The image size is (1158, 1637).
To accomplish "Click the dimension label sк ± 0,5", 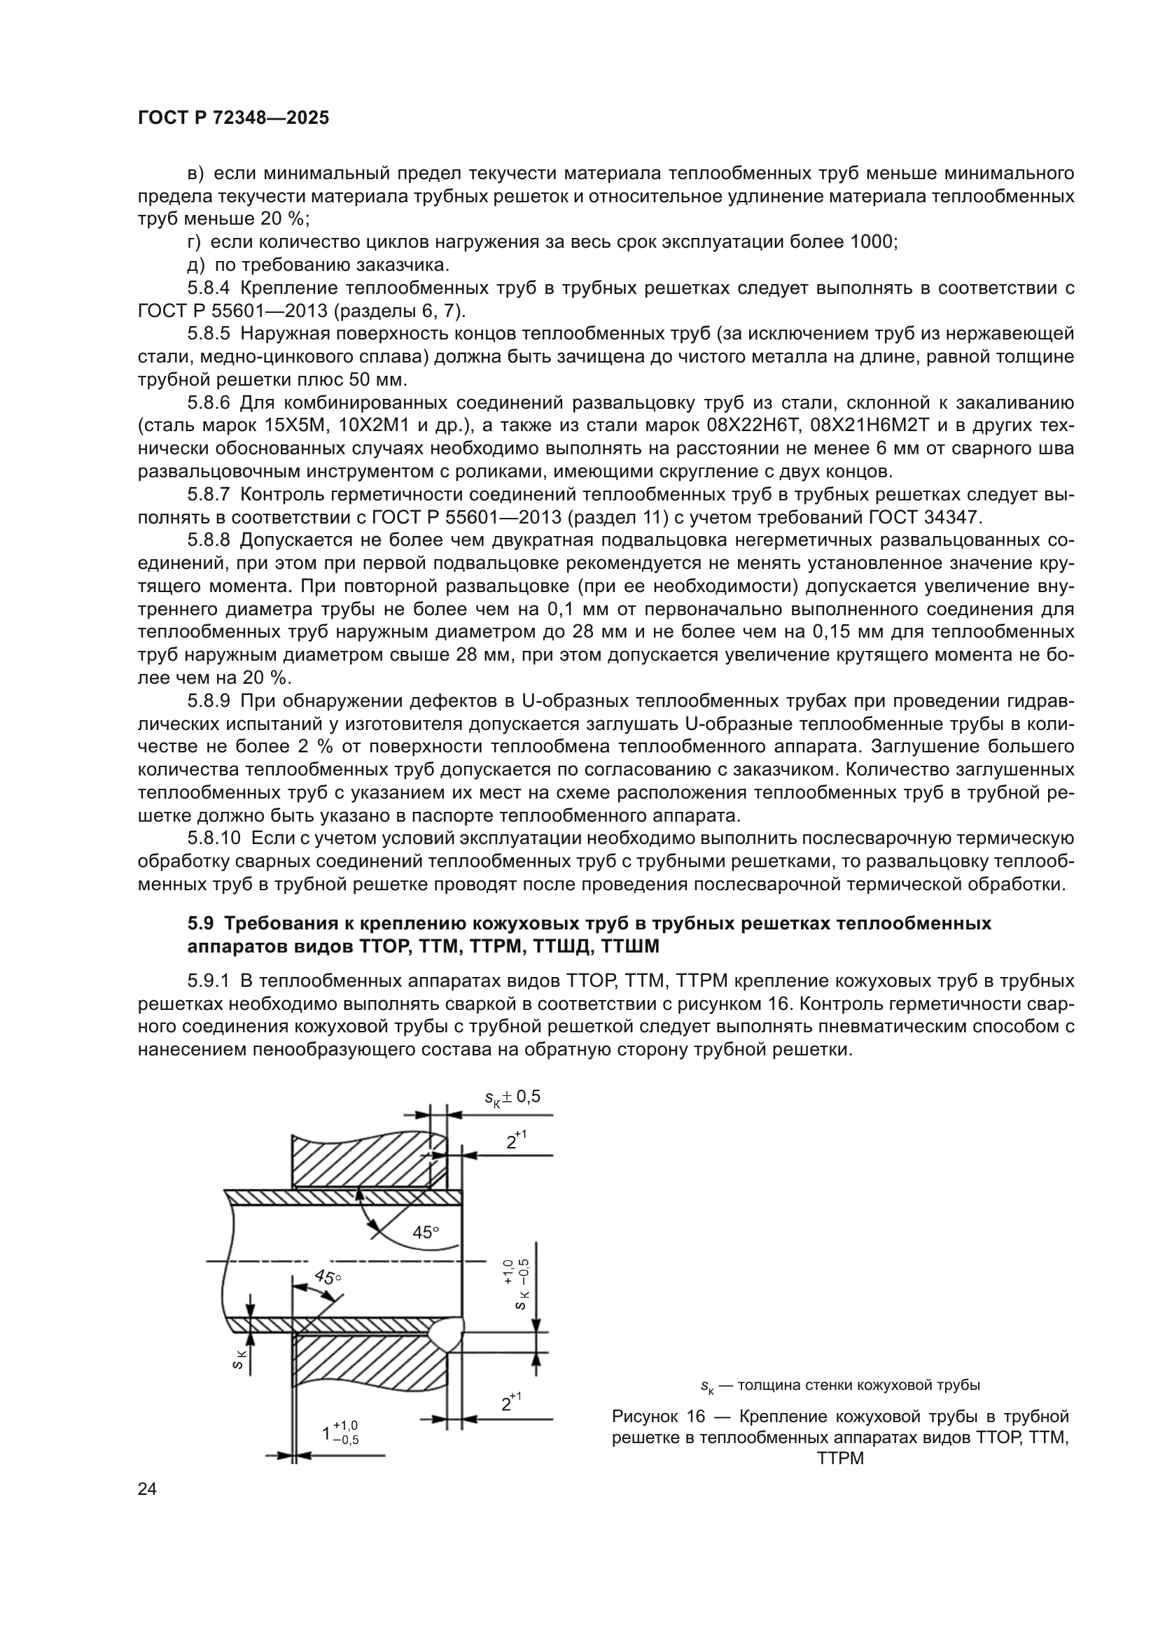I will click(x=512, y=1097).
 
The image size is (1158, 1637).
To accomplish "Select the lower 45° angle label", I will click(x=328, y=1277).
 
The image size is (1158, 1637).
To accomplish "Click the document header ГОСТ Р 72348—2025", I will click(x=234, y=118).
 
